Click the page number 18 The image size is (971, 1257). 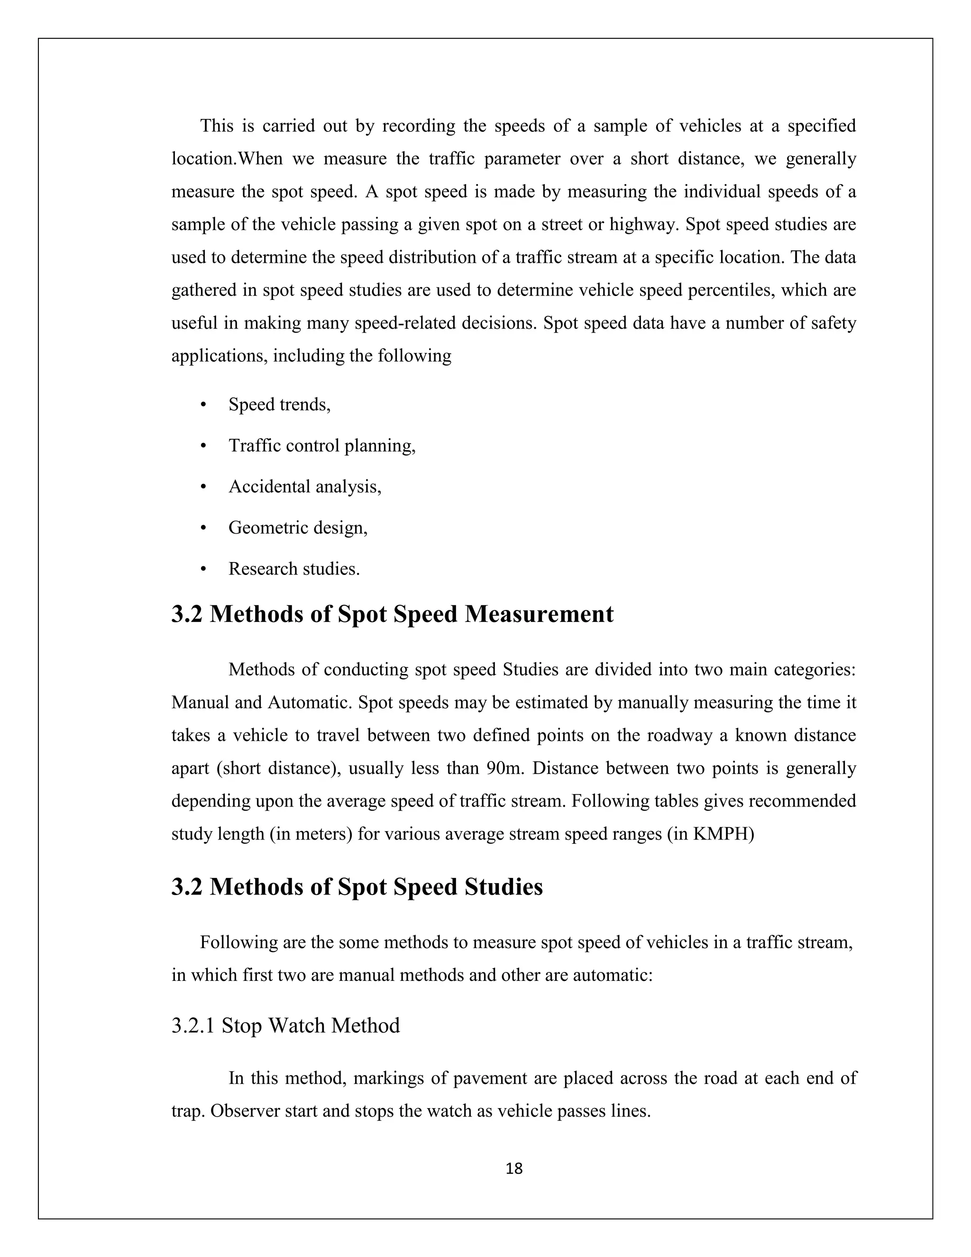tap(513, 1168)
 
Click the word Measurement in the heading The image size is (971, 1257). tap(539, 614)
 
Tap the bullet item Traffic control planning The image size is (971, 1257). tap(321, 445)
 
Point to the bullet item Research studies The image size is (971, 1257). tap(294, 569)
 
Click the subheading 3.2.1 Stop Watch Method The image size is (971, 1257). tap(285, 1025)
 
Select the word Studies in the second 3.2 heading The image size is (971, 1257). tap(504, 887)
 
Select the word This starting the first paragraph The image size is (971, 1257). tap(216, 126)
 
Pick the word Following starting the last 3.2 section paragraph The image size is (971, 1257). tap(238, 942)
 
